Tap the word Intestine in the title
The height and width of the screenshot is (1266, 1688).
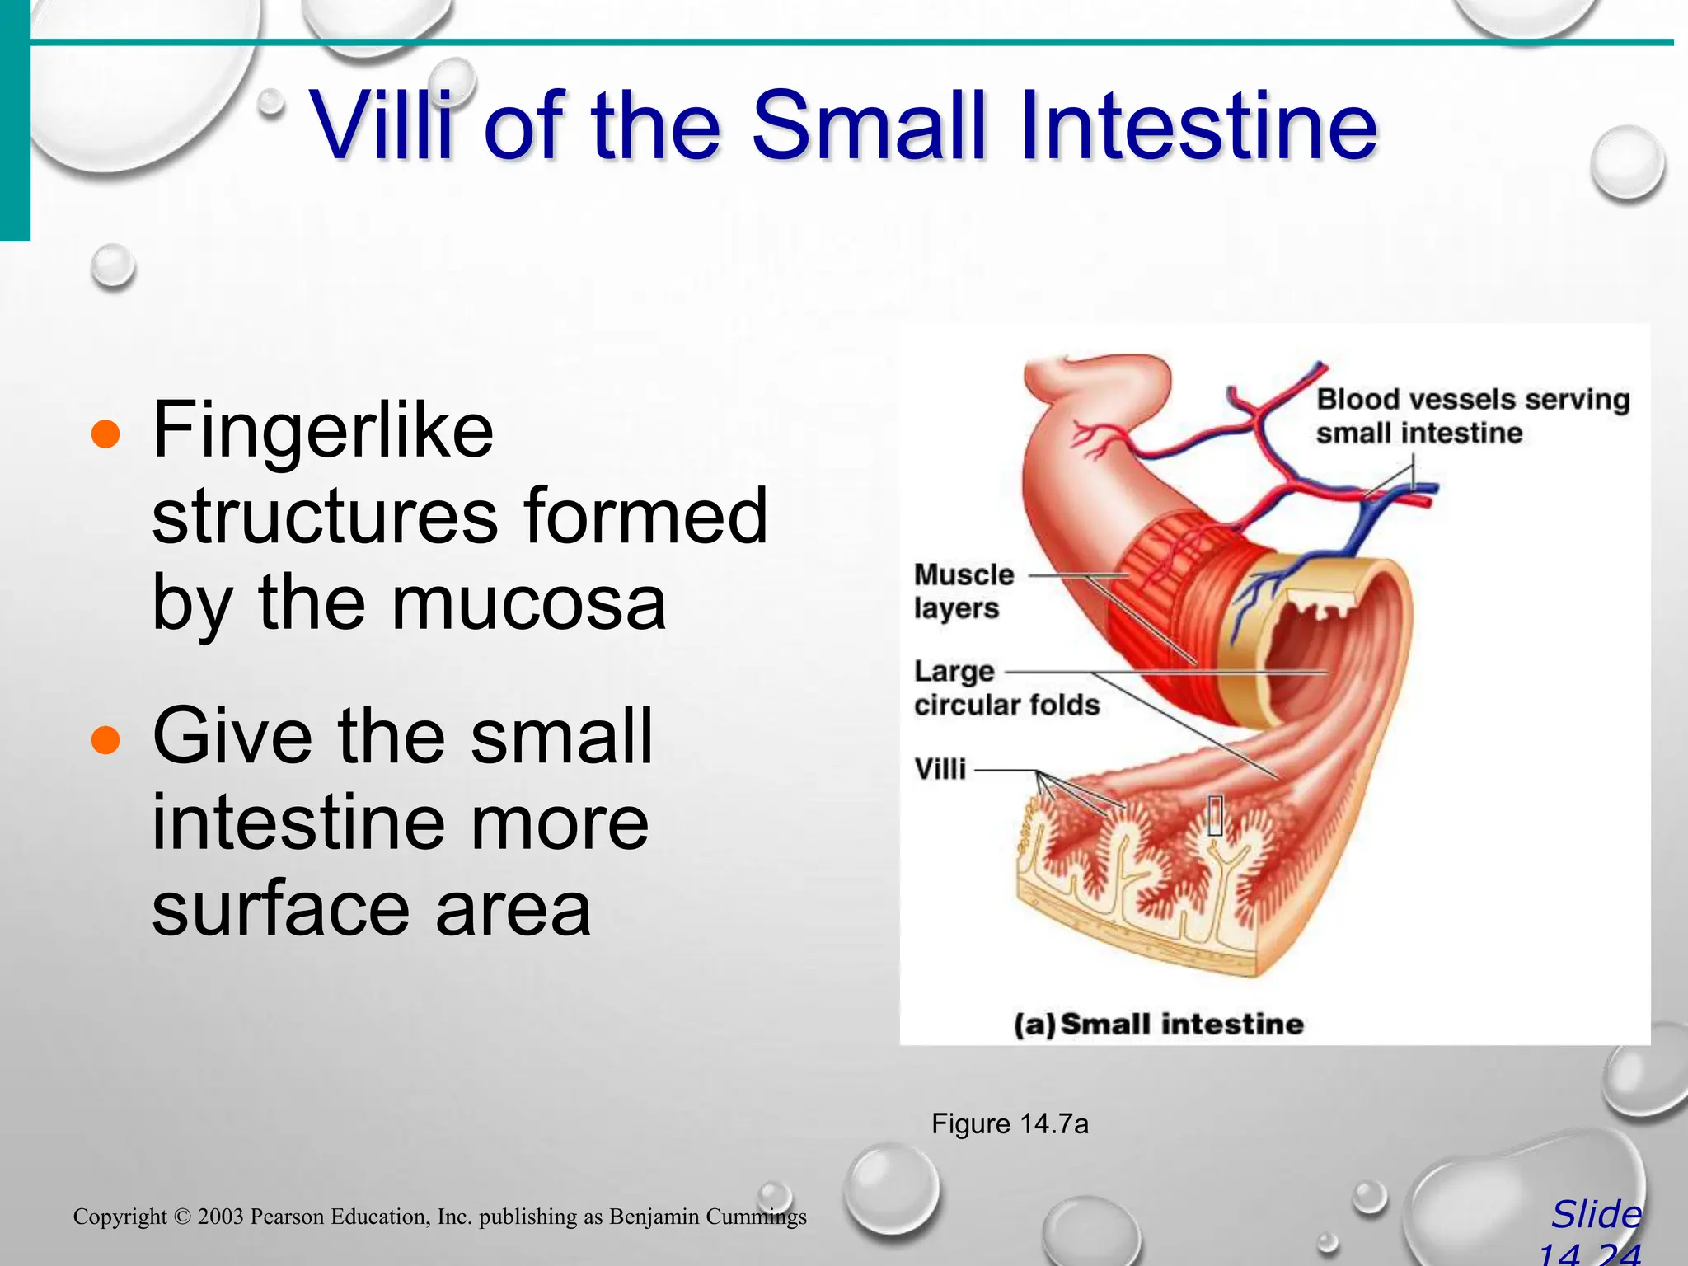pos(1198,125)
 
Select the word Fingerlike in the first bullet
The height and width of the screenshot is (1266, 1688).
pos(323,430)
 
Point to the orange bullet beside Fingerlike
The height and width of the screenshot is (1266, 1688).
pos(105,434)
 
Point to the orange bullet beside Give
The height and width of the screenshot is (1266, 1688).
pos(105,739)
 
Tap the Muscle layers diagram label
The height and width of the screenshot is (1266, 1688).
pos(963,591)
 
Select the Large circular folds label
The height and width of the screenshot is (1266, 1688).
pos(1006,688)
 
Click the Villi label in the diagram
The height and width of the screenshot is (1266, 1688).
pos(940,769)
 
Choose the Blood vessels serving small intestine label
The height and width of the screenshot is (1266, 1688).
pos(1472,415)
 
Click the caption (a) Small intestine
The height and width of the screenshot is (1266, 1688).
pos(1158,1024)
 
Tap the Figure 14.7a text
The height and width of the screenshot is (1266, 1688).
pos(1010,1123)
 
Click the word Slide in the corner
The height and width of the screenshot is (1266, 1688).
pos(1597,1215)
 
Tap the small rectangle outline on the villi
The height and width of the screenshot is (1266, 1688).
pos(1215,814)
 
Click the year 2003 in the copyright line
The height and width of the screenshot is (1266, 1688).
pos(220,1217)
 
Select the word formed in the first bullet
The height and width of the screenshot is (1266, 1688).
pos(645,517)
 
